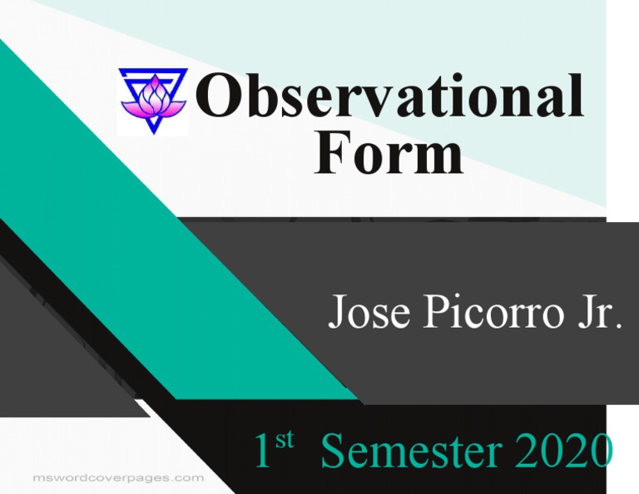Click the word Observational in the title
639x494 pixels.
(389, 98)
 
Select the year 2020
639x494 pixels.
(565, 452)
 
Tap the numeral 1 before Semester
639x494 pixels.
(263, 452)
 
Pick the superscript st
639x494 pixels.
(285, 441)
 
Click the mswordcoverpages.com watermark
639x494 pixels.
(117, 478)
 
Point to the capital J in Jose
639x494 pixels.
(337, 313)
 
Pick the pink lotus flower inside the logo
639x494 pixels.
(152, 96)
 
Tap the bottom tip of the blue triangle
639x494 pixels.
(152, 131)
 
